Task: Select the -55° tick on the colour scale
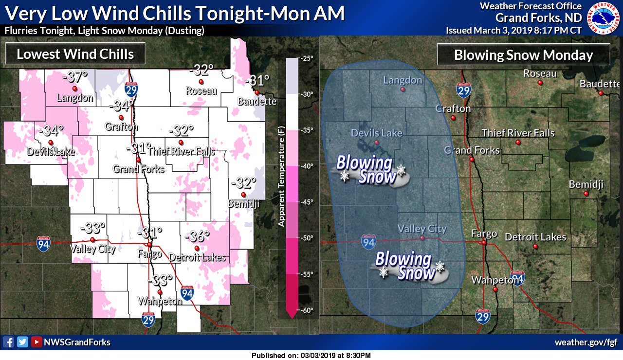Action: coord(307,274)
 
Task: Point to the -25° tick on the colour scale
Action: coord(307,58)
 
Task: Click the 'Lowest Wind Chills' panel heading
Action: coord(75,54)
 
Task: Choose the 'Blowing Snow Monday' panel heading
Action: coord(523,55)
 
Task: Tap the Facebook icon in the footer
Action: coord(8,342)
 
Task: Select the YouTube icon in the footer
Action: coord(36,342)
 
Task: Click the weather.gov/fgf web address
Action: coord(586,342)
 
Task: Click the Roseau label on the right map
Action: coord(540,73)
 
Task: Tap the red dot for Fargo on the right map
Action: coord(484,242)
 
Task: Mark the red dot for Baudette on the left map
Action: coord(257,92)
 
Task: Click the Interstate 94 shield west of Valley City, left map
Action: coord(43,244)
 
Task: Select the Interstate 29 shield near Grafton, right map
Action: coord(463,90)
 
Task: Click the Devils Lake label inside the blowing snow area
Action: coord(377,133)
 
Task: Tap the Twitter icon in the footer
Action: coord(22,342)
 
